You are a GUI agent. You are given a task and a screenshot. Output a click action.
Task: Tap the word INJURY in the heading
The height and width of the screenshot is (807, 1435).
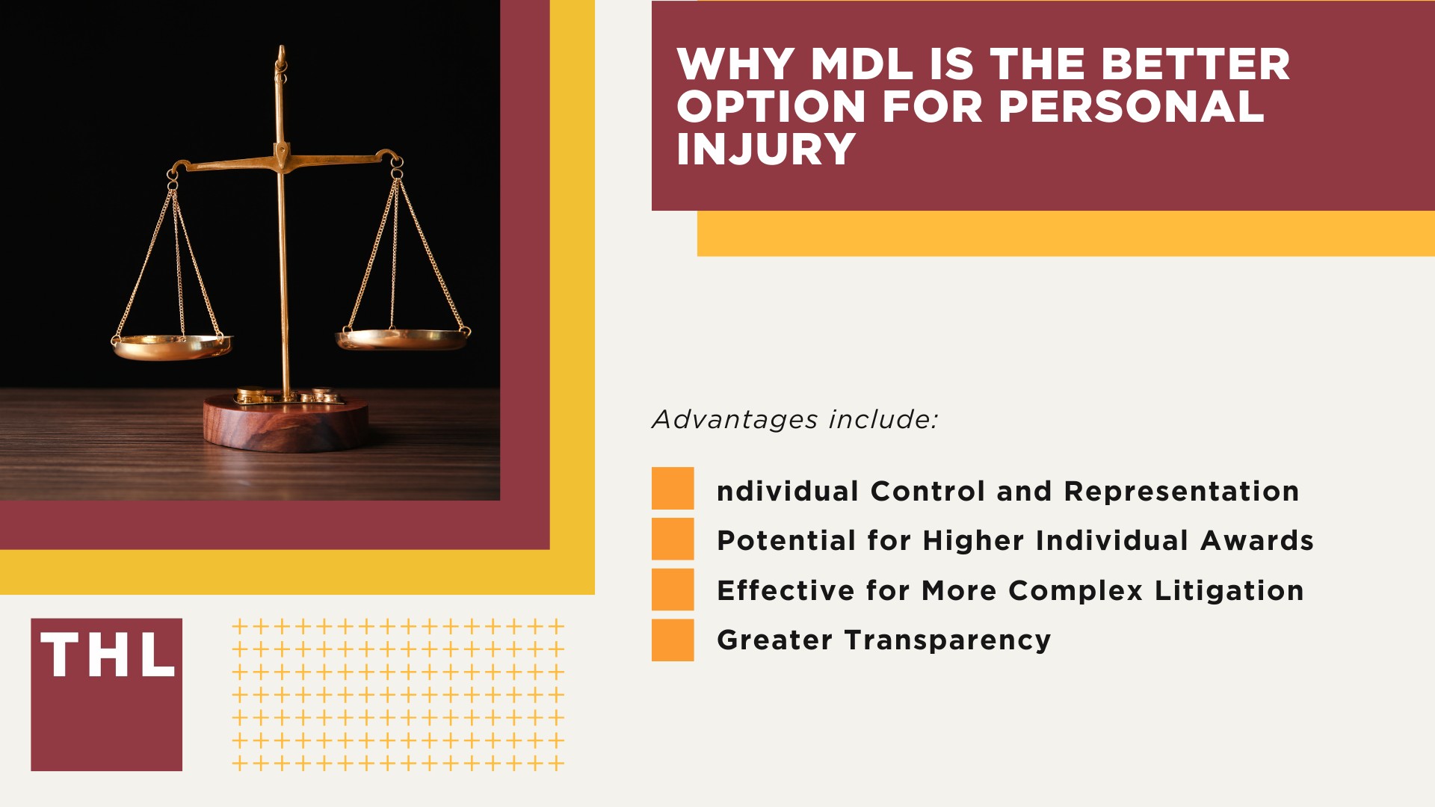[765, 149]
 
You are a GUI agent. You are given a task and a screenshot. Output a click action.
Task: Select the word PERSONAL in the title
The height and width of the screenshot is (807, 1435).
[1131, 107]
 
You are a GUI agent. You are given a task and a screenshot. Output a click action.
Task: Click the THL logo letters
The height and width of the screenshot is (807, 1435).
[108, 656]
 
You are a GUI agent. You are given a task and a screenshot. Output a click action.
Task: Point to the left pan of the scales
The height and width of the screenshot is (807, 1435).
[173, 347]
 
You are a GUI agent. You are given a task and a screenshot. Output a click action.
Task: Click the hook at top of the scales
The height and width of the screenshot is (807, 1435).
[281, 55]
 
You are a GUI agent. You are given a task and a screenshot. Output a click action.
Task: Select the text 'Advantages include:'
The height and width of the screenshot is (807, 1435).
[794, 419]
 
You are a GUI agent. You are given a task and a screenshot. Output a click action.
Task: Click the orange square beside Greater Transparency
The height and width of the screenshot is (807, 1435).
[673, 640]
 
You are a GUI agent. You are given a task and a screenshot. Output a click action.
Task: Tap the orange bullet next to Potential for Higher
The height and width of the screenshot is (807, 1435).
[673, 539]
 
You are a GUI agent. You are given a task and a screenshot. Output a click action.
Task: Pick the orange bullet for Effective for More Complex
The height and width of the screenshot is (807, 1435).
[673, 590]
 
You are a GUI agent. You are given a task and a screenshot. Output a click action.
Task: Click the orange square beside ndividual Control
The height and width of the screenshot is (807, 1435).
[673, 488]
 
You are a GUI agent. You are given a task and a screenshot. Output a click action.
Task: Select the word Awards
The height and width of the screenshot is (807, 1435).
[1256, 541]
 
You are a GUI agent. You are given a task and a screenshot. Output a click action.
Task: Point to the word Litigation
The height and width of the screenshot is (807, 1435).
[1229, 591]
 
